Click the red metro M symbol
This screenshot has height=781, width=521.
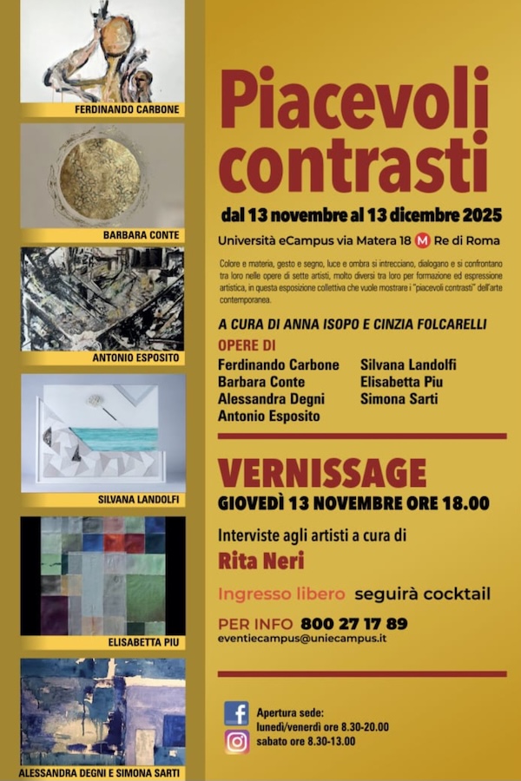[x=423, y=240]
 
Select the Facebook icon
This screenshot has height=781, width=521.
[x=236, y=713]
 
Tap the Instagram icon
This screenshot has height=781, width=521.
[x=236, y=742]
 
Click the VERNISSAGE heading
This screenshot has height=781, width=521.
[x=321, y=473]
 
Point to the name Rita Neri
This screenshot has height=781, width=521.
[x=260, y=561]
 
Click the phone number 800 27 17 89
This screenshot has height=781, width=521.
[x=353, y=623]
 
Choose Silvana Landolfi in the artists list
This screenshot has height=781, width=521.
[x=408, y=365]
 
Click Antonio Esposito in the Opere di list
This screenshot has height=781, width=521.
[x=269, y=416]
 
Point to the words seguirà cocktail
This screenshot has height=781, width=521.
[x=422, y=594]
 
